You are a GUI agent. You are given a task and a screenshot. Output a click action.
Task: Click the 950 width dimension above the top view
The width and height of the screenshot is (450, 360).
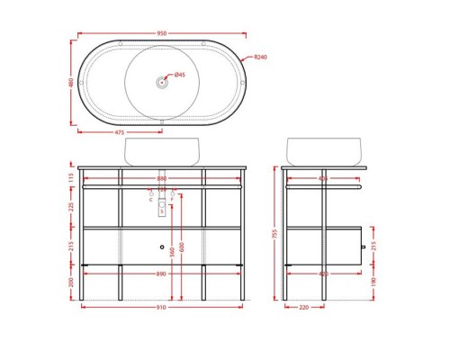pos(162,33)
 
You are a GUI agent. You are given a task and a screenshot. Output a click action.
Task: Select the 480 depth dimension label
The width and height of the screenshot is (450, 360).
pos(70,82)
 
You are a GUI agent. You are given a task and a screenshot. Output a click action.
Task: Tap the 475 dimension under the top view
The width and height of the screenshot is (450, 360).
pos(120,132)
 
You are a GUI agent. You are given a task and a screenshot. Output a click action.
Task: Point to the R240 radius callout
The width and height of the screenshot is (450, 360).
pos(260,58)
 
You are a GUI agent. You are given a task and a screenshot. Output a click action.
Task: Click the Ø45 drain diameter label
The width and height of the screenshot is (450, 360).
pos(179,75)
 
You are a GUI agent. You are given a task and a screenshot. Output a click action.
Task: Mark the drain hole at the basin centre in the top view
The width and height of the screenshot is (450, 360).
pos(162,83)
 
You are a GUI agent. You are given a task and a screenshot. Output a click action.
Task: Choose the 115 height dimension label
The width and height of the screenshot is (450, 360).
pos(70,177)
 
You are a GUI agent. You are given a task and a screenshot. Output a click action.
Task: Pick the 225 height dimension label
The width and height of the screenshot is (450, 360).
pos(70,206)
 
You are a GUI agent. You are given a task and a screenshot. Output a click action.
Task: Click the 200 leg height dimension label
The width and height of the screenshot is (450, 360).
pos(70,282)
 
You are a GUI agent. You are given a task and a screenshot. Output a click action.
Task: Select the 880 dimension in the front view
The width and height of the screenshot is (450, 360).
pos(162,177)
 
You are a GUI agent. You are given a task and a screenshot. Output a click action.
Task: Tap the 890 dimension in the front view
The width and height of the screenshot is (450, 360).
pos(162,273)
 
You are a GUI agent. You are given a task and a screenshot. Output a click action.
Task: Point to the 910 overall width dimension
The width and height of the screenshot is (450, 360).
pos(162,307)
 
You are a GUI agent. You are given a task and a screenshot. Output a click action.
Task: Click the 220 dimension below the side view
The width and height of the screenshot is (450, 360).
pos(304,307)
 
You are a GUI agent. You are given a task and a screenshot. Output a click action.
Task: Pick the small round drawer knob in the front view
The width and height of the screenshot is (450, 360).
pos(162,247)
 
